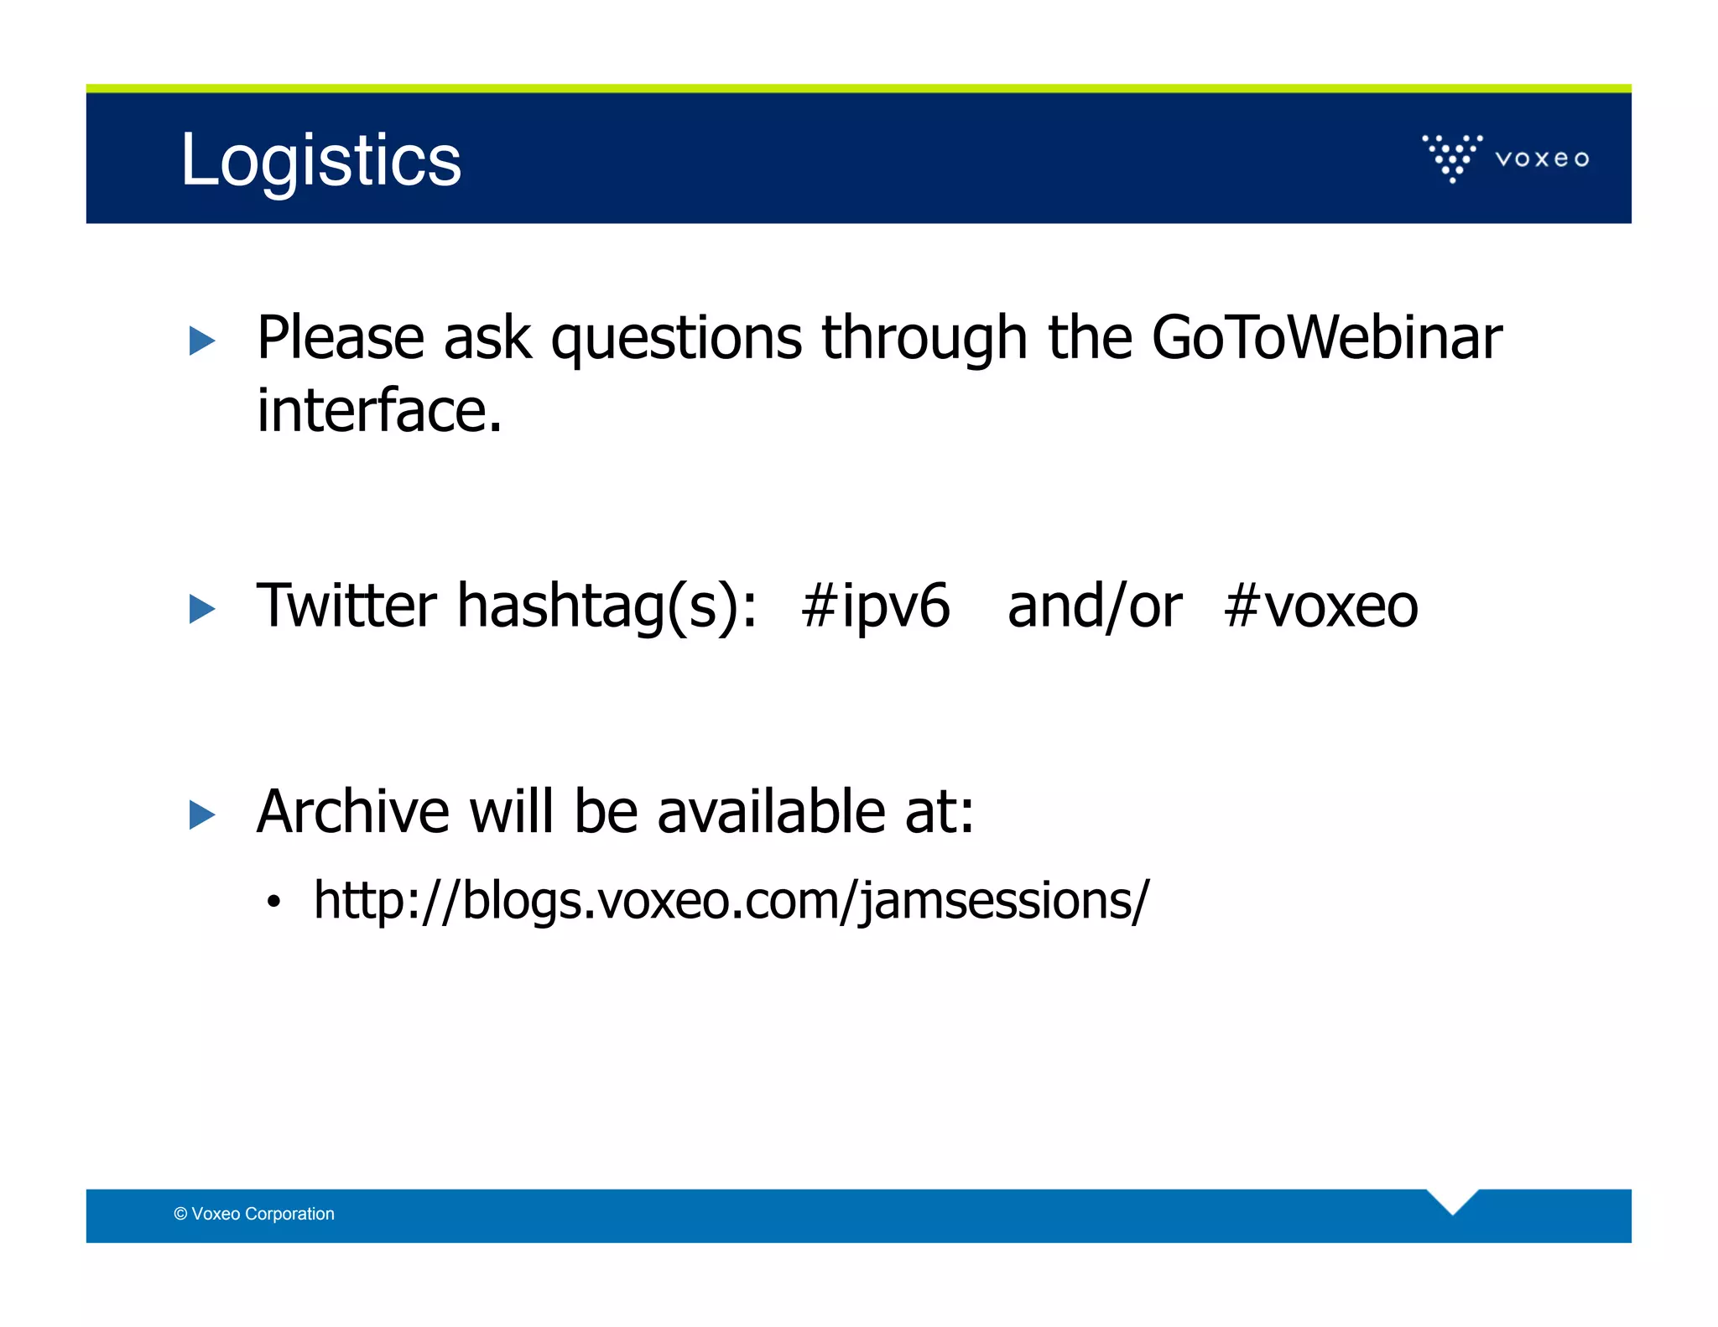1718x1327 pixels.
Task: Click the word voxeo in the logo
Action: tap(1542, 159)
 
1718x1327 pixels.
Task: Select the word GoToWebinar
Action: tap(1325, 337)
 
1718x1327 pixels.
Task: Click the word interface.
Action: tap(378, 411)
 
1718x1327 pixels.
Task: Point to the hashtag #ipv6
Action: tap(875, 605)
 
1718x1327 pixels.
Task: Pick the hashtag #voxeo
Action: tap(1320, 605)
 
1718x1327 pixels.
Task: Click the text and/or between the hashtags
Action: tap(1094, 605)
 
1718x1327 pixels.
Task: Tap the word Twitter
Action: tap(346, 605)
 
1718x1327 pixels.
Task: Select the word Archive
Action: tap(352, 811)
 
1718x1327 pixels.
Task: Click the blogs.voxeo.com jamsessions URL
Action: tap(731, 901)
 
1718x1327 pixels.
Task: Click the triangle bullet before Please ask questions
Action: tap(202, 341)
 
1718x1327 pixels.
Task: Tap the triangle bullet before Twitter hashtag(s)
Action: tap(202, 608)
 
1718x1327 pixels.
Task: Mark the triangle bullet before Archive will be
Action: tap(202, 814)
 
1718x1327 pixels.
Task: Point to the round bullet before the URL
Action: tap(273, 903)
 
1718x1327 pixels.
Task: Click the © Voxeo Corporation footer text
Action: tap(254, 1214)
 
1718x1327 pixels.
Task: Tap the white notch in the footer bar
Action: tap(1452, 1200)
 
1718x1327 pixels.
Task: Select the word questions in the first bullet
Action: tap(676, 337)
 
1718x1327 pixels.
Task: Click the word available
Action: tap(770, 811)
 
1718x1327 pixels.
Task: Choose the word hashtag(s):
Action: tap(607, 605)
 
